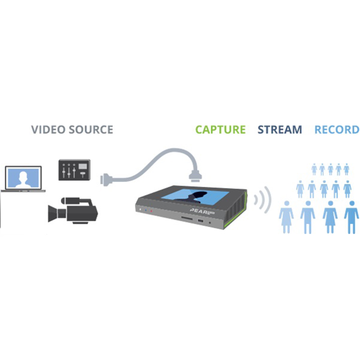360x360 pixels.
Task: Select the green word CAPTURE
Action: click(x=220, y=130)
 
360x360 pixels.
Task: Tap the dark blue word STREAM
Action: click(x=280, y=130)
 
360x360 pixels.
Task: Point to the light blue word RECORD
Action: click(x=337, y=130)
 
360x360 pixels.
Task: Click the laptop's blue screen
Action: click(x=23, y=177)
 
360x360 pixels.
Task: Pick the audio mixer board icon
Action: click(x=74, y=170)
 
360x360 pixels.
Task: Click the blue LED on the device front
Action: click(x=145, y=210)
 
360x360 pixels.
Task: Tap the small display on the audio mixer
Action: click(x=84, y=166)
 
